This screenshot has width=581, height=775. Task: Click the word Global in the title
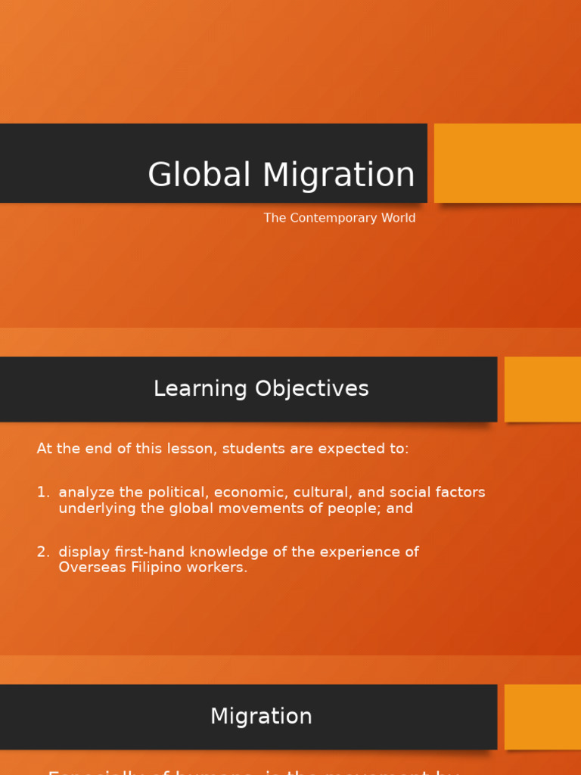click(x=200, y=175)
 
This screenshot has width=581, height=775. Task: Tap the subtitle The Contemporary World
click(x=339, y=218)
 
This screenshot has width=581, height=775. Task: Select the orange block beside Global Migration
click(x=508, y=163)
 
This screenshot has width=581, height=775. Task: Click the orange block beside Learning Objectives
click(x=542, y=389)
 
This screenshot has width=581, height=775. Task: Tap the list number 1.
click(x=42, y=493)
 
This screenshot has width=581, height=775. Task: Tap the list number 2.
click(x=42, y=552)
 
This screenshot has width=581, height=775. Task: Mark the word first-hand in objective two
click(x=143, y=552)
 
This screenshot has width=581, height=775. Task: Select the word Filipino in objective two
click(x=154, y=568)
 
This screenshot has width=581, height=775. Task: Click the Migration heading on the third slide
click(x=261, y=717)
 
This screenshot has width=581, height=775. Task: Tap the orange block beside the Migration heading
click(x=542, y=717)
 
